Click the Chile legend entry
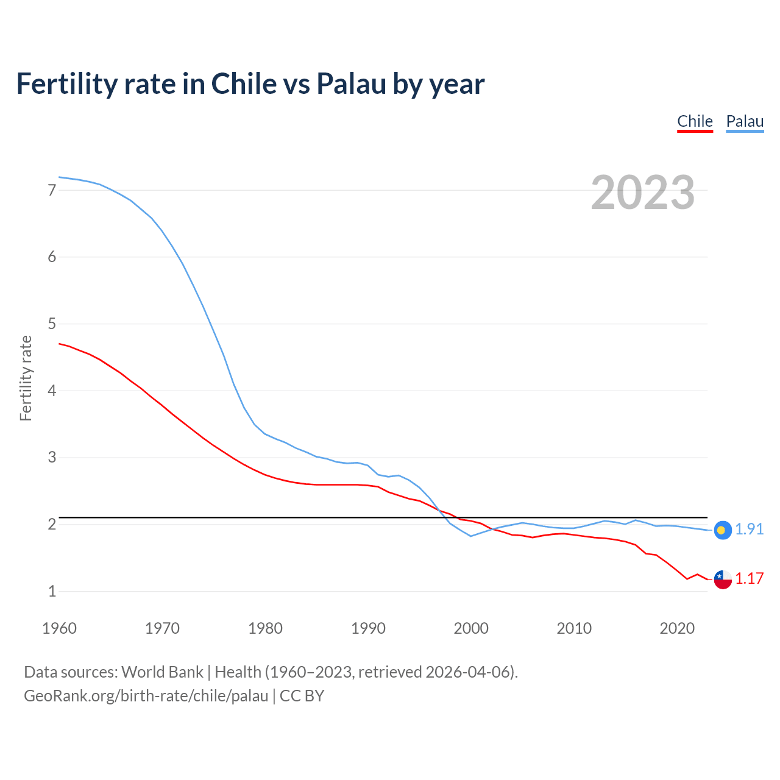(695, 121)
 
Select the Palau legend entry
(745, 121)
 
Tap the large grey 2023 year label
(643, 193)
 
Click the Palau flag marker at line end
(722, 530)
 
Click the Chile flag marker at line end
(722, 580)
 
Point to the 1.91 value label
(749, 529)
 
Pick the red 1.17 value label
(749, 578)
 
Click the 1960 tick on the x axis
(59, 628)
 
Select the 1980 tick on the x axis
(265, 628)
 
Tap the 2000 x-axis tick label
(471, 628)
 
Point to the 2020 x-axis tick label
(677, 628)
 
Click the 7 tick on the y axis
(52, 190)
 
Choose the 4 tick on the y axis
(52, 391)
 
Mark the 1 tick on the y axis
(52, 591)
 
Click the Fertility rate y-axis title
(26, 378)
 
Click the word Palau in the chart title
(351, 84)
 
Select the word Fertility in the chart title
(66, 84)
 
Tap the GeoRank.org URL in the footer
(146, 696)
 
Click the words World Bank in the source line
(162, 672)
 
